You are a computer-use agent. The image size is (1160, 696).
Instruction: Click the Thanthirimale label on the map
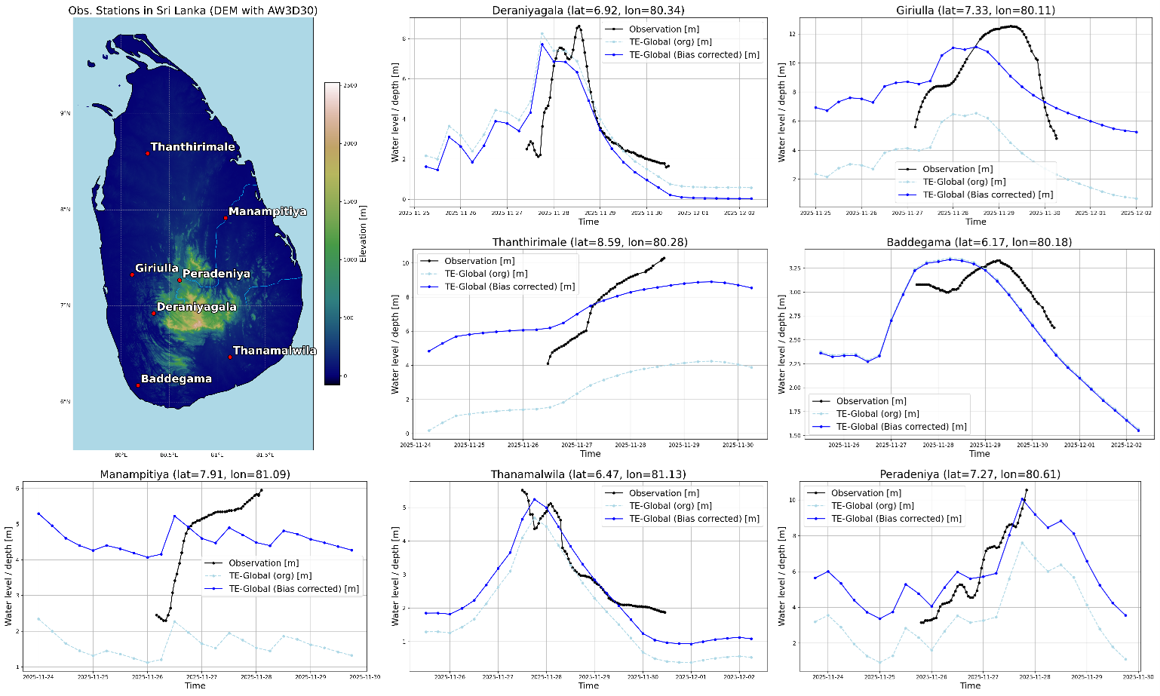[x=192, y=147]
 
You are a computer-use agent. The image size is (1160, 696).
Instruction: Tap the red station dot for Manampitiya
[x=226, y=219]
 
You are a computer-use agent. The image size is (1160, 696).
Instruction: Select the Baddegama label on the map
[x=176, y=379]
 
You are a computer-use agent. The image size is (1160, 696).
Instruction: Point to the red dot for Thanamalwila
[x=230, y=357]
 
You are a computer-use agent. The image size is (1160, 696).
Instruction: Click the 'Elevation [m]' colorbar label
[x=364, y=233]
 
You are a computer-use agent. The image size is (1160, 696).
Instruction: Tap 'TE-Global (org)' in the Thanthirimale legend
[x=486, y=274]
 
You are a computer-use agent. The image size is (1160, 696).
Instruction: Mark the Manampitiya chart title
[x=195, y=474]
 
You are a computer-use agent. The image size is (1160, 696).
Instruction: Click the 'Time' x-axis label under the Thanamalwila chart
[x=588, y=685]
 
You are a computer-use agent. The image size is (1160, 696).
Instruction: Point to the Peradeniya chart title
[x=970, y=474]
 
